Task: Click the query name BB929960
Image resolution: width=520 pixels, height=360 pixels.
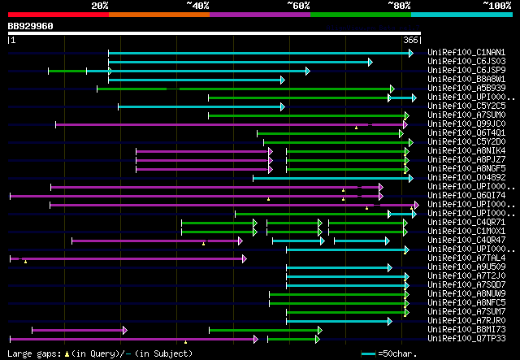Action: coord(31,26)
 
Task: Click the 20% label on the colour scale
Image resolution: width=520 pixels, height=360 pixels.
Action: coord(100,5)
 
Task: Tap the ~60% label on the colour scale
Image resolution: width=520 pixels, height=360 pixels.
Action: coord(298,5)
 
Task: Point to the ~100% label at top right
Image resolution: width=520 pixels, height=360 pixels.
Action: coord(496,5)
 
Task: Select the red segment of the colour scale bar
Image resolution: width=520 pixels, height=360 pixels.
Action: coord(58,14)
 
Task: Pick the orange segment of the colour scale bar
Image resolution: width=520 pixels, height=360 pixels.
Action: coord(158,14)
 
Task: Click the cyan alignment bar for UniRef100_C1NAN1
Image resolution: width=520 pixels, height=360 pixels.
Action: coord(260,54)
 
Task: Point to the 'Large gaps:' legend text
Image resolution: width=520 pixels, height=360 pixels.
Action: coord(32,353)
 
